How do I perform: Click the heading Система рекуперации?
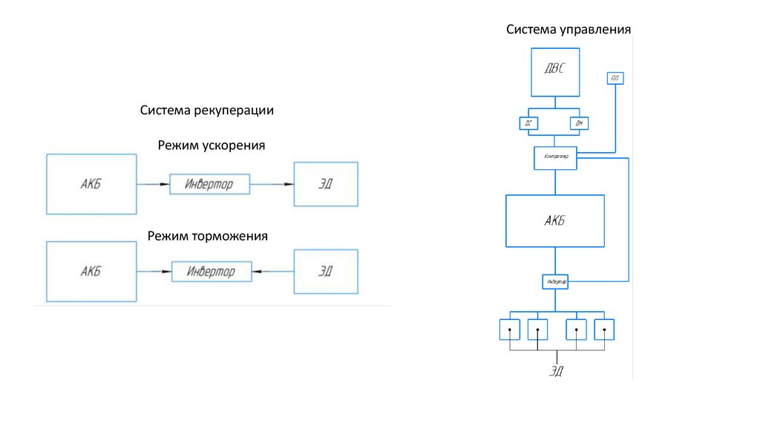click(208, 110)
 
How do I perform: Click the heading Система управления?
click(569, 30)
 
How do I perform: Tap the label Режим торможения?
click(207, 236)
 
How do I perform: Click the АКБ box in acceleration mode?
click(91, 184)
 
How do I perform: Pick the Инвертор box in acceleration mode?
click(209, 184)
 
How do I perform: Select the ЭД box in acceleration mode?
click(326, 184)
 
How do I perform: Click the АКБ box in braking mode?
click(91, 272)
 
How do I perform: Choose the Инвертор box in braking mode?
click(212, 272)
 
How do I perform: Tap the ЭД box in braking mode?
click(326, 271)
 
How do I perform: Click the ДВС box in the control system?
click(555, 72)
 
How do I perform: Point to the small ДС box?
click(528, 123)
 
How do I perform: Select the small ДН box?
click(579, 123)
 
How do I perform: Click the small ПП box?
click(615, 78)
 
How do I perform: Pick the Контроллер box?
click(555, 157)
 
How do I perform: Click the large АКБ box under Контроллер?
click(554, 220)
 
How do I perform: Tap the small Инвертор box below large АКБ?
click(555, 282)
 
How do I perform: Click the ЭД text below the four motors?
click(556, 371)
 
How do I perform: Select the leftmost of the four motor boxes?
click(509, 329)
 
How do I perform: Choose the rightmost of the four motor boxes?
click(604, 329)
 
